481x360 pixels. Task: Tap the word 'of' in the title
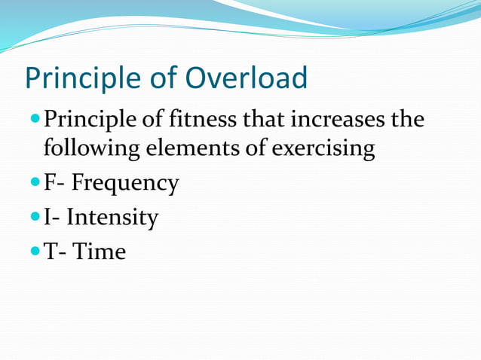coord(166,78)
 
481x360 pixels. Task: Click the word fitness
coord(206,121)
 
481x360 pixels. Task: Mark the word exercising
coord(323,148)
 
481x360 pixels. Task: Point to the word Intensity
coord(112,218)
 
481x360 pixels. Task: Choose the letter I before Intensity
coord(47,218)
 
